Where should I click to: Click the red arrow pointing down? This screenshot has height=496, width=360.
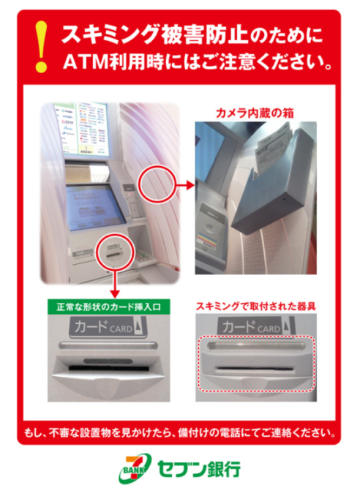point(115,282)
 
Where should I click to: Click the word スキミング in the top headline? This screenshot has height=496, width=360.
point(110,34)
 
